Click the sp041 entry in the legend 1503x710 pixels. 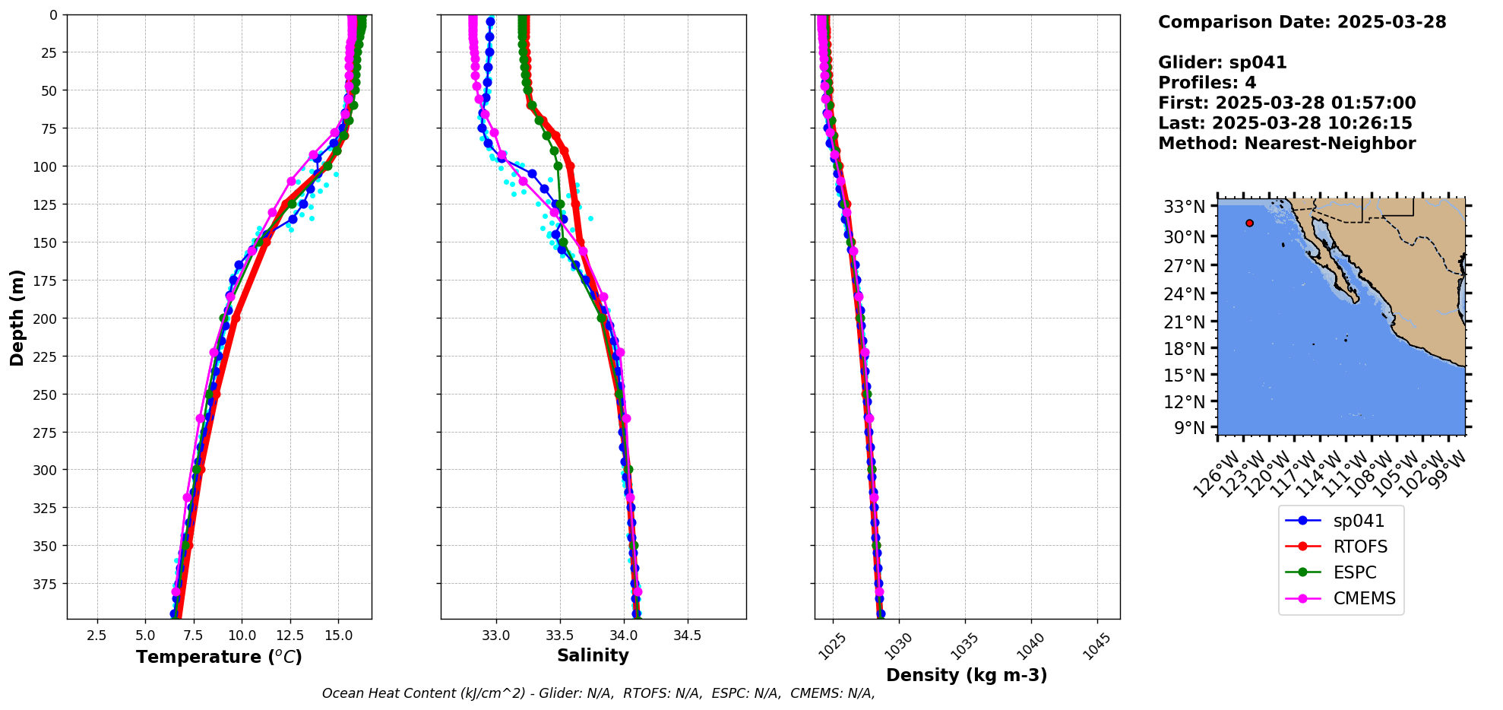1358,521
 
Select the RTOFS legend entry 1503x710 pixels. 1359,547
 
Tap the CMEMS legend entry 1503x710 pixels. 1364,598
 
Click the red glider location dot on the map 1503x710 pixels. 1249,223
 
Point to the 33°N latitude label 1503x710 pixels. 1184,207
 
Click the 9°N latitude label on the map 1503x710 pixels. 1189,427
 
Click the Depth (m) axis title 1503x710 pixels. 17,317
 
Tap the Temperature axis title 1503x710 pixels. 219,657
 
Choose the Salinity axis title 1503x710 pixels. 593,655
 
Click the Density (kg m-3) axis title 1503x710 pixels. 967,675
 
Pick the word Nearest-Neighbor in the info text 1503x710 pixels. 1330,144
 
